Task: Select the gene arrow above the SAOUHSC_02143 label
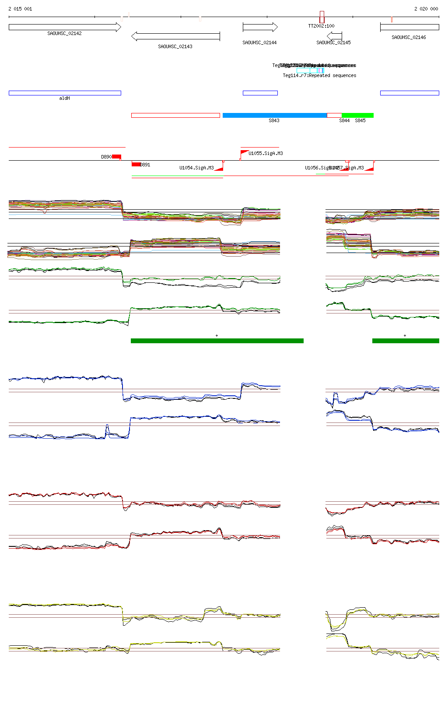[175, 36]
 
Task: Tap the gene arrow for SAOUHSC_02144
[260, 27]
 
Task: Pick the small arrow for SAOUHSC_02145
[335, 35]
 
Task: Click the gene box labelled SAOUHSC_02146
[409, 27]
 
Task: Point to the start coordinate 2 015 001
[20, 9]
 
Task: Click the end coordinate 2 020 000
[426, 9]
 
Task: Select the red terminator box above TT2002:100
[322, 17]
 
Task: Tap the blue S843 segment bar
[275, 116]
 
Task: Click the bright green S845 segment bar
[357, 116]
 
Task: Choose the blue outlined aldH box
[65, 93]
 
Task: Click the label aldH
[64, 99]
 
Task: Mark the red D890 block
[116, 157]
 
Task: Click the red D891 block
[136, 165]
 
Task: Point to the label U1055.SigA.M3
[266, 154]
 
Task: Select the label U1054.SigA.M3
[196, 168]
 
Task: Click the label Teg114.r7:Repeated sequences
[319, 76]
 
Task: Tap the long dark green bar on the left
[217, 341]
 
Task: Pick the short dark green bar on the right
[406, 341]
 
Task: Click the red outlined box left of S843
[175, 116]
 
